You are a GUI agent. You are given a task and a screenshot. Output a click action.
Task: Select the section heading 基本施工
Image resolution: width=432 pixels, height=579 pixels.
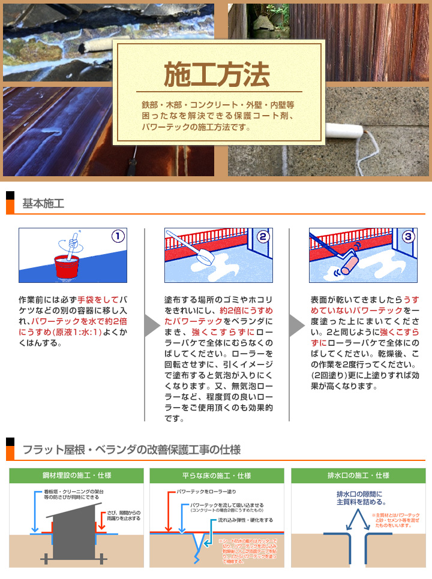[x=43, y=204]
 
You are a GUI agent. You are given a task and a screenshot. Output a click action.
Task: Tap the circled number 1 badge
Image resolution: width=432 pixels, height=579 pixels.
[x=118, y=236]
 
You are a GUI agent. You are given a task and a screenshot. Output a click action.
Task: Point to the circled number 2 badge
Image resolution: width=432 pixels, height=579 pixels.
[x=263, y=236]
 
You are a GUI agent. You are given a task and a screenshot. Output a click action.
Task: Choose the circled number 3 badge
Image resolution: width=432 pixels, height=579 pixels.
[x=409, y=236]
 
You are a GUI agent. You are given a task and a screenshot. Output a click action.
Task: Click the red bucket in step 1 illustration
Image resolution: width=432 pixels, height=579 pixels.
[x=68, y=267]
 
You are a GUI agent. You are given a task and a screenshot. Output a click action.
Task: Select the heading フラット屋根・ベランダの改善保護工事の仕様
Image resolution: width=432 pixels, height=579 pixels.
[x=131, y=450]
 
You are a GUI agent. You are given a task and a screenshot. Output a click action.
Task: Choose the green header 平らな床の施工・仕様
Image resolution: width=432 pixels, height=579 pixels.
[x=217, y=476]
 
